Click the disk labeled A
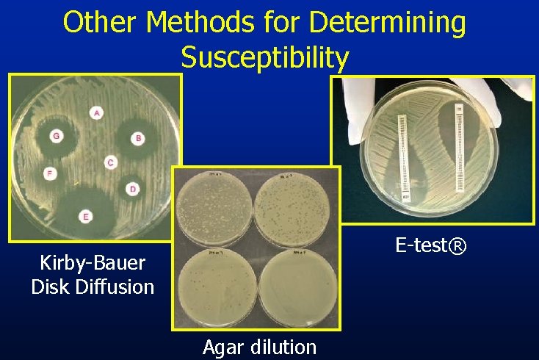(x=97, y=112)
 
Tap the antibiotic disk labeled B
(x=137, y=138)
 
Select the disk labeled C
(x=110, y=162)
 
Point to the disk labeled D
(x=132, y=189)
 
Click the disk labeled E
(x=86, y=216)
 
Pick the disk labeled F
(x=49, y=174)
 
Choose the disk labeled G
(x=56, y=135)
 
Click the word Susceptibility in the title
(x=264, y=57)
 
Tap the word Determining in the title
(x=388, y=23)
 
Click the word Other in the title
(x=102, y=23)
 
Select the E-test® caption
(x=430, y=245)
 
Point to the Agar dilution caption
(x=259, y=347)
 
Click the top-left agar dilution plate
(x=216, y=207)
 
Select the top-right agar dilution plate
(x=295, y=207)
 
